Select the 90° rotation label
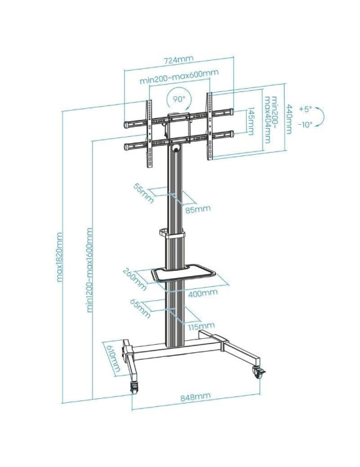(179, 99)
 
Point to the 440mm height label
(289, 119)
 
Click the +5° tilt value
(305, 108)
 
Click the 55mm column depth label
(141, 191)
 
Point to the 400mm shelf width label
(203, 292)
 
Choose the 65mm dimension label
(139, 311)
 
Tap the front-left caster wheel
(135, 386)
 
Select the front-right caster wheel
(257, 372)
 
